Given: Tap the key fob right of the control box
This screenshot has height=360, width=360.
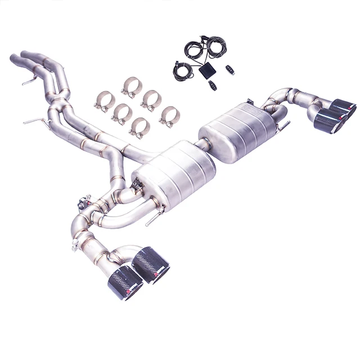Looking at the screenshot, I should [x=229, y=70].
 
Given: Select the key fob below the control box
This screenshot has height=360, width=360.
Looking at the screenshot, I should [x=211, y=85].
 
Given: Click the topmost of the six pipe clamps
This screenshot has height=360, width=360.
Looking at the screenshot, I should [x=132, y=87].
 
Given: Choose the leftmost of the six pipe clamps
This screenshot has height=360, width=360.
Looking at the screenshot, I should [x=105, y=101].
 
